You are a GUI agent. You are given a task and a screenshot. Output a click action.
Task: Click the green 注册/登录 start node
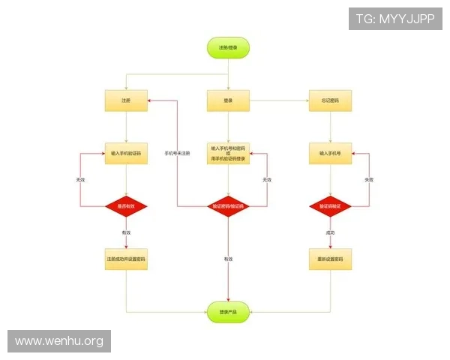point(228,48)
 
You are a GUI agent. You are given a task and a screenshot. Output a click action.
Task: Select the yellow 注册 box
point(126,100)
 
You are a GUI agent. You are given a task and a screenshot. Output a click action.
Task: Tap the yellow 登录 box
point(228,100)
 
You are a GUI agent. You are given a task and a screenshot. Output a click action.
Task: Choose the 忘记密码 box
point(330,100)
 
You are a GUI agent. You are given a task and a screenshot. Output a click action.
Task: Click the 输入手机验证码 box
point(126,153)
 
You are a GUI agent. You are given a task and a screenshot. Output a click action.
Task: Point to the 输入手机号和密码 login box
point(228,154)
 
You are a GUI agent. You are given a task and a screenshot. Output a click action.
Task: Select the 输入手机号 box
point(330,153)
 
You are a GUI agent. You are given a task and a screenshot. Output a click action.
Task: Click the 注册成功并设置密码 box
point(126,259)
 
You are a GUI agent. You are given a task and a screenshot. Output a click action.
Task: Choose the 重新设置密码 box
point(330,259)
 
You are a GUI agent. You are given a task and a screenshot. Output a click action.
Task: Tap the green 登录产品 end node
point(228,311)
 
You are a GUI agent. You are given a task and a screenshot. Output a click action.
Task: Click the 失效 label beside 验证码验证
point(368,180)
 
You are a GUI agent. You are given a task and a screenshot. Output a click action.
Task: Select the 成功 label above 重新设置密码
point(330,233)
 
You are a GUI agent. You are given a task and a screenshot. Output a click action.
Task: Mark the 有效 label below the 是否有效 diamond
point(126,233)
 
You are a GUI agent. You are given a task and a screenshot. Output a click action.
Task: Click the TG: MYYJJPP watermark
point(395,19)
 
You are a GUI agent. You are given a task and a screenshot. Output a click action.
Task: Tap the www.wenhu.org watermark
point(59,342)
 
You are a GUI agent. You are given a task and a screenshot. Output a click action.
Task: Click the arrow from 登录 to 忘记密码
point(279,100)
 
